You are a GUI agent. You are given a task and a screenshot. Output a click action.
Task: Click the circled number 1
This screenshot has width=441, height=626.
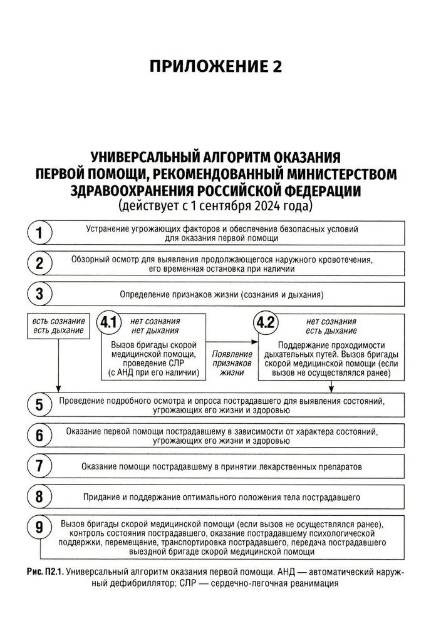click(x=39, y=233)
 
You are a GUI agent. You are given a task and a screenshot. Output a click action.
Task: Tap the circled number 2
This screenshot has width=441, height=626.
click(x=39, y=264)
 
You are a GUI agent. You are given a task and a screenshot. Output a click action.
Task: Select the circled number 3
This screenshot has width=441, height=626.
click(x=39, y=294)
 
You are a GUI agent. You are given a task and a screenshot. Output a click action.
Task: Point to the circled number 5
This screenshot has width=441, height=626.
click(x=39, y=405)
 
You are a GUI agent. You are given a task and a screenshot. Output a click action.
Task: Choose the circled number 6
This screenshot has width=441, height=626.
click(x=39, y=436)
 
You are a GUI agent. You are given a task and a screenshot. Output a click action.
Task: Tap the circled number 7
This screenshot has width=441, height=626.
click(x=39, y=466)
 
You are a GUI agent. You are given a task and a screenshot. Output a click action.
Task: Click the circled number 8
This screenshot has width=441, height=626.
click(x=39, y=497)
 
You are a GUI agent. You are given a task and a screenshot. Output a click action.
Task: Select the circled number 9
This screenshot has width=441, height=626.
click(x=39, y=528)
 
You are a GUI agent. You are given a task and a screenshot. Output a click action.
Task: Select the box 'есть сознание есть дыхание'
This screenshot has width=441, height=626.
click(x=58, y=326)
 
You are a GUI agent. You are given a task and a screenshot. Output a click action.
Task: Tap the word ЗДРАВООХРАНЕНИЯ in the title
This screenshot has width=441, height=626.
click(x=132, y=189)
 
